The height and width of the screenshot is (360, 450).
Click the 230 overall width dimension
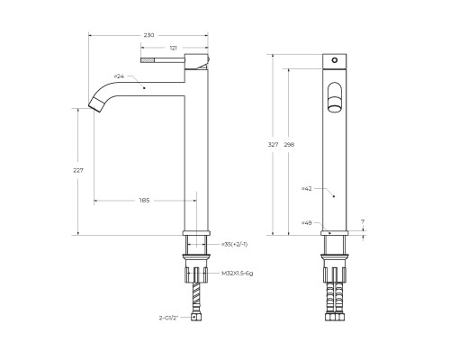148,35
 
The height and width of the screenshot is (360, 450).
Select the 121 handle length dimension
174,48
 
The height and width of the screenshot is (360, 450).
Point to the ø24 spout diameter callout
119,76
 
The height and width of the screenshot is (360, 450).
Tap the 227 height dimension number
78,170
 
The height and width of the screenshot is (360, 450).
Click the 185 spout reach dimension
144,200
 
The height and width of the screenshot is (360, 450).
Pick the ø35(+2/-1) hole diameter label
235,244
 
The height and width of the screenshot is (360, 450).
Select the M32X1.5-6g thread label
238,273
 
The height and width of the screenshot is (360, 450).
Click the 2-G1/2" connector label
168,318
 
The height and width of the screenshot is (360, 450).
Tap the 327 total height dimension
273,144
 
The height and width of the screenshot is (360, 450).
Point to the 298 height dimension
289,144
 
